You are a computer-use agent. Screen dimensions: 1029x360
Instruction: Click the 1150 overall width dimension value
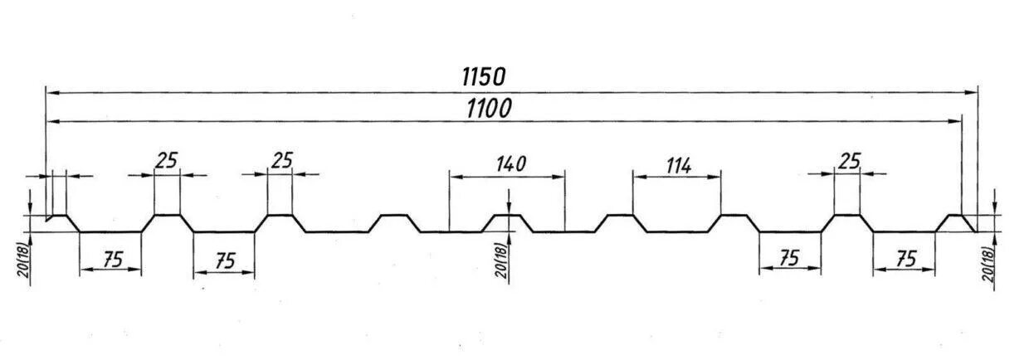click(x=483, y=77)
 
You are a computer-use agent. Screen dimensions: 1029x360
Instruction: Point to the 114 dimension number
click(x=677, y=165)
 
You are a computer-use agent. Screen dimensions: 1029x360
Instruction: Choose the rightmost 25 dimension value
click(x=849, y=161)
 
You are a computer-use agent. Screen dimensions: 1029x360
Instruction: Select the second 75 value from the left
click(x=223, y=260)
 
